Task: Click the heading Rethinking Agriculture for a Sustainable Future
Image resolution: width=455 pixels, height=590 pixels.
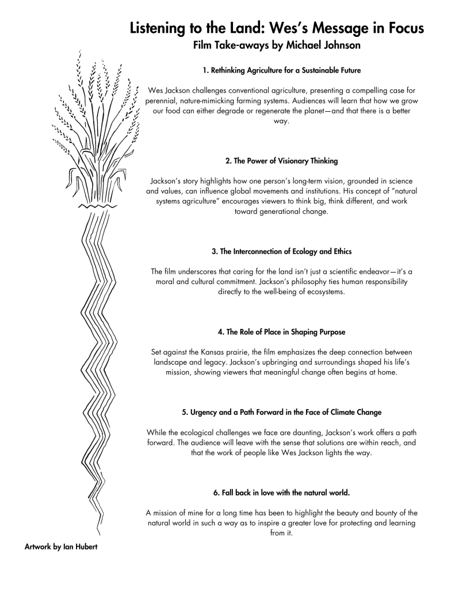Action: point(281,71)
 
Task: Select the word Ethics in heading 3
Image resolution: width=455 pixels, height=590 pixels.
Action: point(340,252)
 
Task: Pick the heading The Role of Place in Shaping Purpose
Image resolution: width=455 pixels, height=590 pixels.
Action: point(281,332)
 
